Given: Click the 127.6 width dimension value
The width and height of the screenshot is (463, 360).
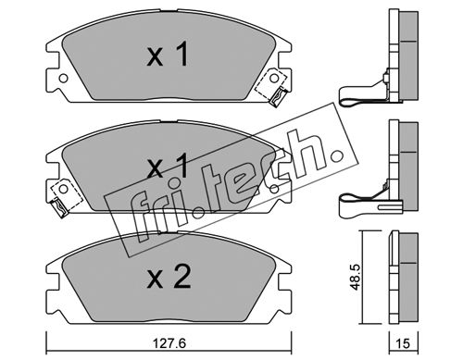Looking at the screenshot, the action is click(x=169, y=343).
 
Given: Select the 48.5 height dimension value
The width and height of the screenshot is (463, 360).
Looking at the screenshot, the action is click(x=356, y=277).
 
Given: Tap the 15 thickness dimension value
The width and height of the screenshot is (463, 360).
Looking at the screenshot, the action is click(x=403, y=343).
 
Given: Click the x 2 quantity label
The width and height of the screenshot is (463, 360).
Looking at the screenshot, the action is click(x=169, y=278).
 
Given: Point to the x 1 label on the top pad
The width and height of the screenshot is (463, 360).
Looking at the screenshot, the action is click(x=168, y=55).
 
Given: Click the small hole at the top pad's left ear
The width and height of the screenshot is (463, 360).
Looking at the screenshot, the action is click(x=63, y=79).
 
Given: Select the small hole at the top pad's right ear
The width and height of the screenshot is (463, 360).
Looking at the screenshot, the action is click(x=274, y=79).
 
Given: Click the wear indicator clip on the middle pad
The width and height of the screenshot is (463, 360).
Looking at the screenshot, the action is click(x=58, y=208).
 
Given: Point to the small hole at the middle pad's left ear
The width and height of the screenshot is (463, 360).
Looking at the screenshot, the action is click(x=63, y=189).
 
